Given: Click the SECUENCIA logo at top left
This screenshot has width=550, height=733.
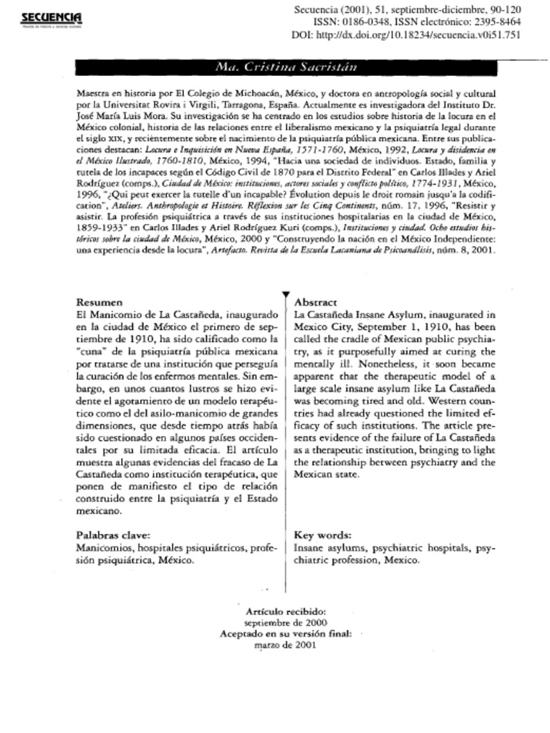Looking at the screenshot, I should [x=51, y=17].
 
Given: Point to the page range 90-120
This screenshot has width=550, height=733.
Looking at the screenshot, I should [x=501, y=9].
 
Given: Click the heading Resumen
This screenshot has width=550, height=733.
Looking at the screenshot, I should [x=100, y=303].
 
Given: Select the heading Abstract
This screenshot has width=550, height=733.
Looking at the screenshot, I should [x=316, y=303].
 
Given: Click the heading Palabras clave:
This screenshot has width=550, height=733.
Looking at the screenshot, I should [x=113, y=535].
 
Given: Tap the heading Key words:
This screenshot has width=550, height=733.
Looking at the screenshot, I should [x=323, y=535].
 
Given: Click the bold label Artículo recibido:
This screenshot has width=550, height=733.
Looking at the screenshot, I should [x=286, y=612].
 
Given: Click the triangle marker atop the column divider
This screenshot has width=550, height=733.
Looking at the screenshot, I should [x=286, y=294].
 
